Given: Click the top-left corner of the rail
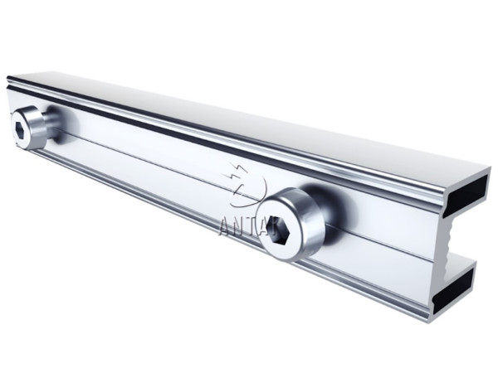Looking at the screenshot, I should [10, 79].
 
